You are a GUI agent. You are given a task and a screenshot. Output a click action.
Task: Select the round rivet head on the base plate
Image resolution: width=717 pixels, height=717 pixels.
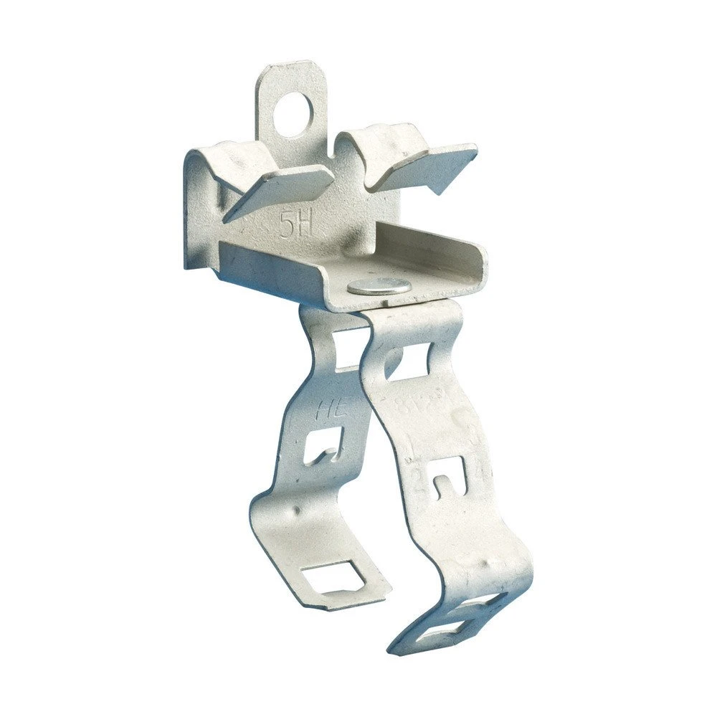379,286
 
